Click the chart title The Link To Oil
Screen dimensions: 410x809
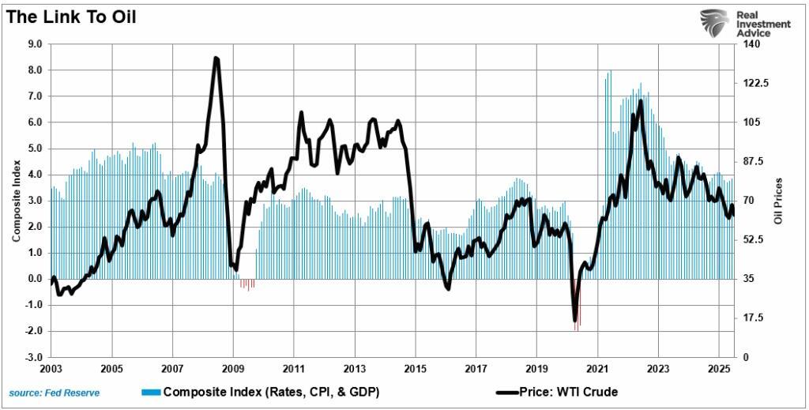tap(71, 17)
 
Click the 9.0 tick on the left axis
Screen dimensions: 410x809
tap(35, 44)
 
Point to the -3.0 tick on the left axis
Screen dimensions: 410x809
tap(33, 357)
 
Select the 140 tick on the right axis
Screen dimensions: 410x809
tap(750, 44)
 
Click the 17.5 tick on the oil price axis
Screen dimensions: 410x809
tap(752, 318)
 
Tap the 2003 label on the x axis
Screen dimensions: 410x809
tap(51, 369)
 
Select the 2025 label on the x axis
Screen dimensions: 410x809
tap(718, 369)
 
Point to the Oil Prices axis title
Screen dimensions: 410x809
tap(778, 200)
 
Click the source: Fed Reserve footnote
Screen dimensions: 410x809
tap(55, 393)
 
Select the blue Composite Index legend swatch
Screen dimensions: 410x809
tap(150, 393)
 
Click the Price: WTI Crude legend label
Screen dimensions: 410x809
tap(568, 392)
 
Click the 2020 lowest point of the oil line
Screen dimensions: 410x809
tap(575, 320)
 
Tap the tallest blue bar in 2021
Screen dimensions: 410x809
tap(609, 72)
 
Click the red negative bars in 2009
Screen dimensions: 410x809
tap(247, 284)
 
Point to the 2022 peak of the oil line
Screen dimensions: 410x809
tap(640, 101)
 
